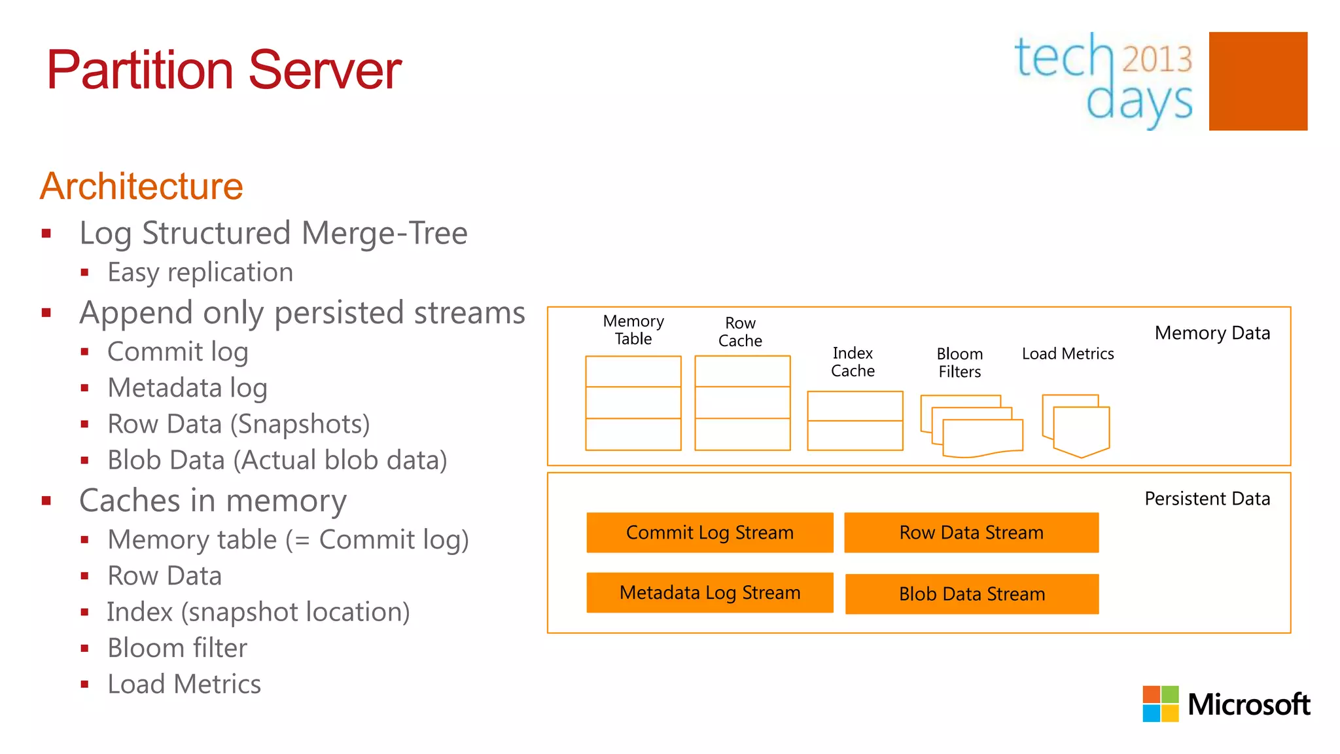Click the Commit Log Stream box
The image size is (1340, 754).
710,533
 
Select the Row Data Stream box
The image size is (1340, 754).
971,533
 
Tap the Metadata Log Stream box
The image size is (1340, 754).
710,593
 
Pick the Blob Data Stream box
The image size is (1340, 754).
972,594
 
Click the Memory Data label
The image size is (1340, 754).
1212,333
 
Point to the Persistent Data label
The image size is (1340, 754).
1207,499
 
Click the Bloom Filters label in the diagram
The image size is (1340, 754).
959,363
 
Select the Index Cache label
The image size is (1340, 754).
853,362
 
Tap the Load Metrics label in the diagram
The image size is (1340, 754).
1068,354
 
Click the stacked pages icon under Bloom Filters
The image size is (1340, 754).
972,426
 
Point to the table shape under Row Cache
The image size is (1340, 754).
743,403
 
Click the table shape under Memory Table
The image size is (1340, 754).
633,403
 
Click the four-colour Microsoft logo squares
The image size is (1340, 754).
1160,704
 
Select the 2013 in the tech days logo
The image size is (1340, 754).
1157,59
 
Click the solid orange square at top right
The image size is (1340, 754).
1258,81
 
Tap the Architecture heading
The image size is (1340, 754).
141,187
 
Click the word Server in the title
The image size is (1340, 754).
325,70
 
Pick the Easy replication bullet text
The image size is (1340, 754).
200,272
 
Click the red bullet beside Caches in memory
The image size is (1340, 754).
46,501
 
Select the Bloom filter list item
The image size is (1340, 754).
177,648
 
